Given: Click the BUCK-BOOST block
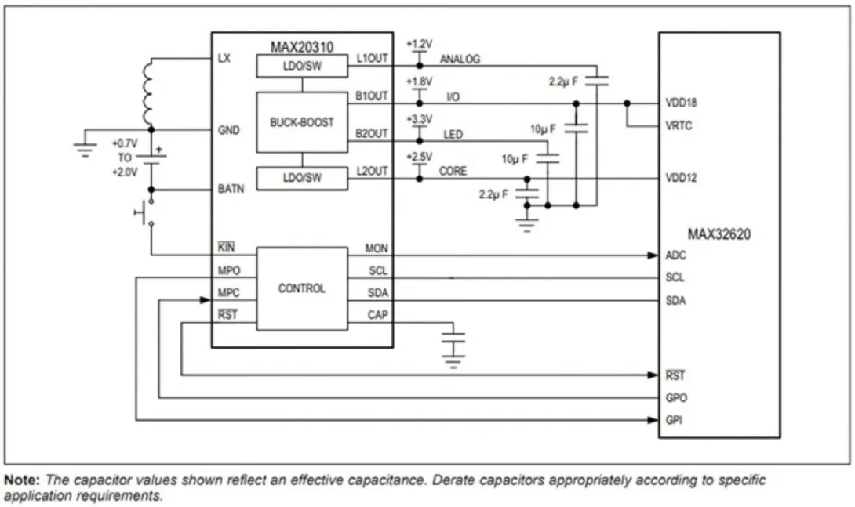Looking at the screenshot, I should [x=302, y=122].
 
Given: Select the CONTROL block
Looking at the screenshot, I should [x=302, y=288].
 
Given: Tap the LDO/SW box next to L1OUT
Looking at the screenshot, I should [x=302, y=67].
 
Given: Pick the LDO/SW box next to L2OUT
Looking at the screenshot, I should [x=302, y=179].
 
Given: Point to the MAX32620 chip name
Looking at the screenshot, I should [x=719, y=234].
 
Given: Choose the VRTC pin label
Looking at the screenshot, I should [x=678, y=125].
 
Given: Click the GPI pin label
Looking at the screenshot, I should [x=675, y=420].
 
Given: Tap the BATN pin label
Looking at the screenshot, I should [x=231, y=189].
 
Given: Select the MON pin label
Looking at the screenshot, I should [x=377, y=248].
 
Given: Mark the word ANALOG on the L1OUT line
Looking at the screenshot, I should [x=460, y=60].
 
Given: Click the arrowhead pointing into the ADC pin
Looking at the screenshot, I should [x=653, y=255].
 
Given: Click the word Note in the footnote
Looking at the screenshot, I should [x=20, y=480].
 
